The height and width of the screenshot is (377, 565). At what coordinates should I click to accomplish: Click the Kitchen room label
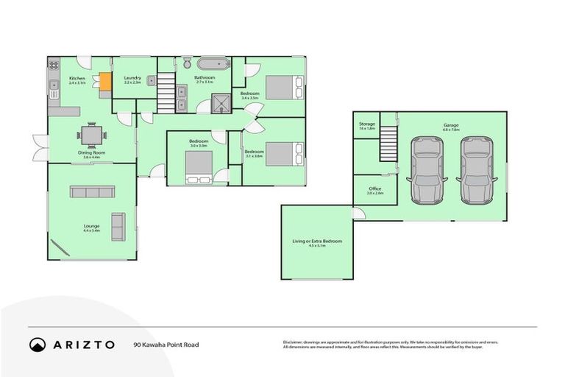point(77,78)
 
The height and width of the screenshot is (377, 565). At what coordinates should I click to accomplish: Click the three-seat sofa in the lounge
point(92,191)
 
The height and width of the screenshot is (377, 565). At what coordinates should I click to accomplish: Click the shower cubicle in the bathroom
point(221,102)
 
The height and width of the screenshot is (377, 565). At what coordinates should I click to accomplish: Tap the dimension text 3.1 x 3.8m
point(255,156)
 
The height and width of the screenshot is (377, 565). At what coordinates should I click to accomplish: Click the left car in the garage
point(426,170)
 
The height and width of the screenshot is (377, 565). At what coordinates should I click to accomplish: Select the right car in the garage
point(476,170)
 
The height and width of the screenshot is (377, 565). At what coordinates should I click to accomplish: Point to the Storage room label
point(366,124)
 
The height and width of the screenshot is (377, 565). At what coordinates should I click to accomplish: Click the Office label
point(375,188)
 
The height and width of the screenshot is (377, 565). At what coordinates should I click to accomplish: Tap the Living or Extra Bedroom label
point(317,241)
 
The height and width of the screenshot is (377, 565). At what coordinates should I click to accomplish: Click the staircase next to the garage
point(388,143)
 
